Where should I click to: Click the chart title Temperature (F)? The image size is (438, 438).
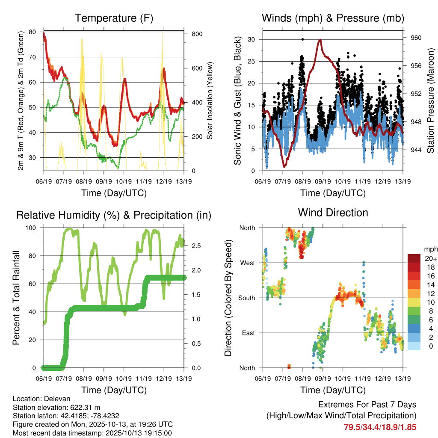pyautogui.click(x=114, y=18)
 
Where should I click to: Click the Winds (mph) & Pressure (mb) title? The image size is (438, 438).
pyautogui.click(x=333, y=18)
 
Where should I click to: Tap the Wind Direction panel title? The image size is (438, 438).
pyautogui.click(x=333, y=212)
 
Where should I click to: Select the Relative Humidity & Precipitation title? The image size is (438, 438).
pyautogui.click(x=114, y=215)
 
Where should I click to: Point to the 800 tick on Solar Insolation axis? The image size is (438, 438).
pyautogui.click(x=196, y=34)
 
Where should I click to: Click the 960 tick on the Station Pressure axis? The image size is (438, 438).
pyautogui.click(x=416, y=38)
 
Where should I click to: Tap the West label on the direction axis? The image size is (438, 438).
pyautogui.click(x=247, y=263)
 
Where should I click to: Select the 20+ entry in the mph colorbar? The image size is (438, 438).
pyautogui.click(x=430, y=259)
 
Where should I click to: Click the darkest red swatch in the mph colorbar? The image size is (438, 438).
pyautogui.click(x=414, y=258)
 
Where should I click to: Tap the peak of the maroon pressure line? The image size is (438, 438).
pyautogui.click(x=320, y=40)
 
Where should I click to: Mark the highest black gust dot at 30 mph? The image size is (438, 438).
pyautogui.click(x=302, y=39)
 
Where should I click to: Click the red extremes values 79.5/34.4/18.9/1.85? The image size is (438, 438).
pyautogui.click(x=380, y=427)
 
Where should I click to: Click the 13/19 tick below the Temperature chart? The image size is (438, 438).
pyautogui.click(x=184, y=181)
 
